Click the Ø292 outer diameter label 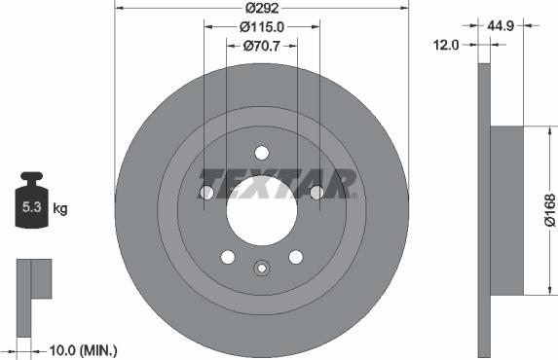tap(261, 8)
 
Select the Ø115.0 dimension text tap(262, 26)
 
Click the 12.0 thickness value tap(448, 44)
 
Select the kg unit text tap(59, 208)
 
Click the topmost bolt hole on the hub tap(261, 152)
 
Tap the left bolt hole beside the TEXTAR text tap(206, 193)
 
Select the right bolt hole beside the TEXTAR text tap(316, 193)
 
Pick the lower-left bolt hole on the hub tap(227, 257)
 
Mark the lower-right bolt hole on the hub tap(295, 257)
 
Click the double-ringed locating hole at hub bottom tap(261, 270)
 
